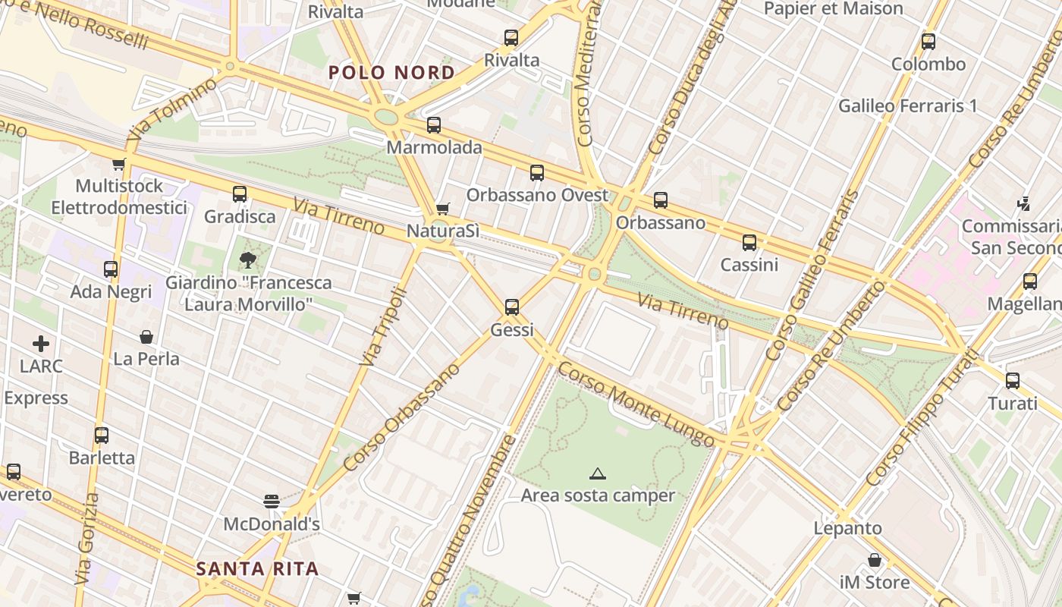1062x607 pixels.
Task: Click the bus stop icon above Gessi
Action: tap(512, 307)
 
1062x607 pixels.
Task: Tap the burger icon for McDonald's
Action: tap(272, 501)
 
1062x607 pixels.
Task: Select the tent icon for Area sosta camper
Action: tap(598, 474)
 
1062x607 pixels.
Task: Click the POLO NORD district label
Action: tap(391, 73)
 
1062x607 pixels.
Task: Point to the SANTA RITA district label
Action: tap(257, 568)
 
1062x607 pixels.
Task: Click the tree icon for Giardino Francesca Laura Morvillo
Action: tap(247, 260)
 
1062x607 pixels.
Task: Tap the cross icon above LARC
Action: tap(41, 344)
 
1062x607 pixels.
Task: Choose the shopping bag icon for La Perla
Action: tap(146, 336)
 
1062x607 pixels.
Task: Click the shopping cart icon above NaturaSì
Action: tap(443, 209)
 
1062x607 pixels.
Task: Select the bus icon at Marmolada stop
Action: tap(434, 125)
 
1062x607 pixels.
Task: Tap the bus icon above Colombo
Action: tap(928, 42)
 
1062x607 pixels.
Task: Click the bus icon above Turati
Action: tap(1013, 381)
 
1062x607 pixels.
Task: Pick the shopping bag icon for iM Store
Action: tap(875, 560)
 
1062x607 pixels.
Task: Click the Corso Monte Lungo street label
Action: tap(636, 404)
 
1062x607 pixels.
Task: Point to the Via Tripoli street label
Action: tap(383, 327)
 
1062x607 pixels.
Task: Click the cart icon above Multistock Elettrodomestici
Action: tap(119, 164)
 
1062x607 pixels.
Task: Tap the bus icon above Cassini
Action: tap(749, 243)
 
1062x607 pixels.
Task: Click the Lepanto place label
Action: tap(848, 528)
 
